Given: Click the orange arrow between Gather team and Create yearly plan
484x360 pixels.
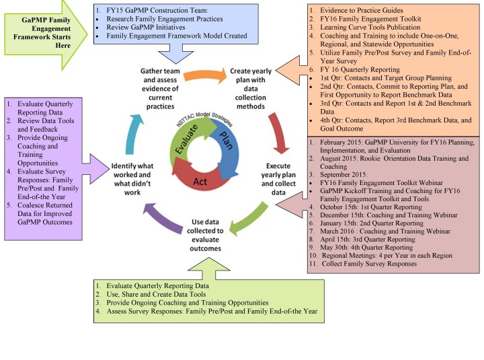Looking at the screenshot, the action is point(205,75).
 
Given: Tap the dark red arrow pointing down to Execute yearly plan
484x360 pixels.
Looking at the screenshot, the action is point(278,133).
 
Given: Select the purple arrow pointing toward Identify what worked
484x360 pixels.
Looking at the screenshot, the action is point(163,219).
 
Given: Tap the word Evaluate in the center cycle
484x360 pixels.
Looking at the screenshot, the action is point(187,139).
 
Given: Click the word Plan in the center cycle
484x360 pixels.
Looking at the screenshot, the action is point(227,140).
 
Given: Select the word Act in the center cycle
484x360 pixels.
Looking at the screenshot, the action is point(200,182).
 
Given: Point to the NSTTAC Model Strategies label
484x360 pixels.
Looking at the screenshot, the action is point(204,119).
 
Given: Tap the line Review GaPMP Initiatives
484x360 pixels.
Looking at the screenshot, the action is point(146,27).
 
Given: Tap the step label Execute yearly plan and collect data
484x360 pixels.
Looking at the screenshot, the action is point(278,179).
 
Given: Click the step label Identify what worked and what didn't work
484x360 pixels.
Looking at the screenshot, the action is point(132,179).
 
